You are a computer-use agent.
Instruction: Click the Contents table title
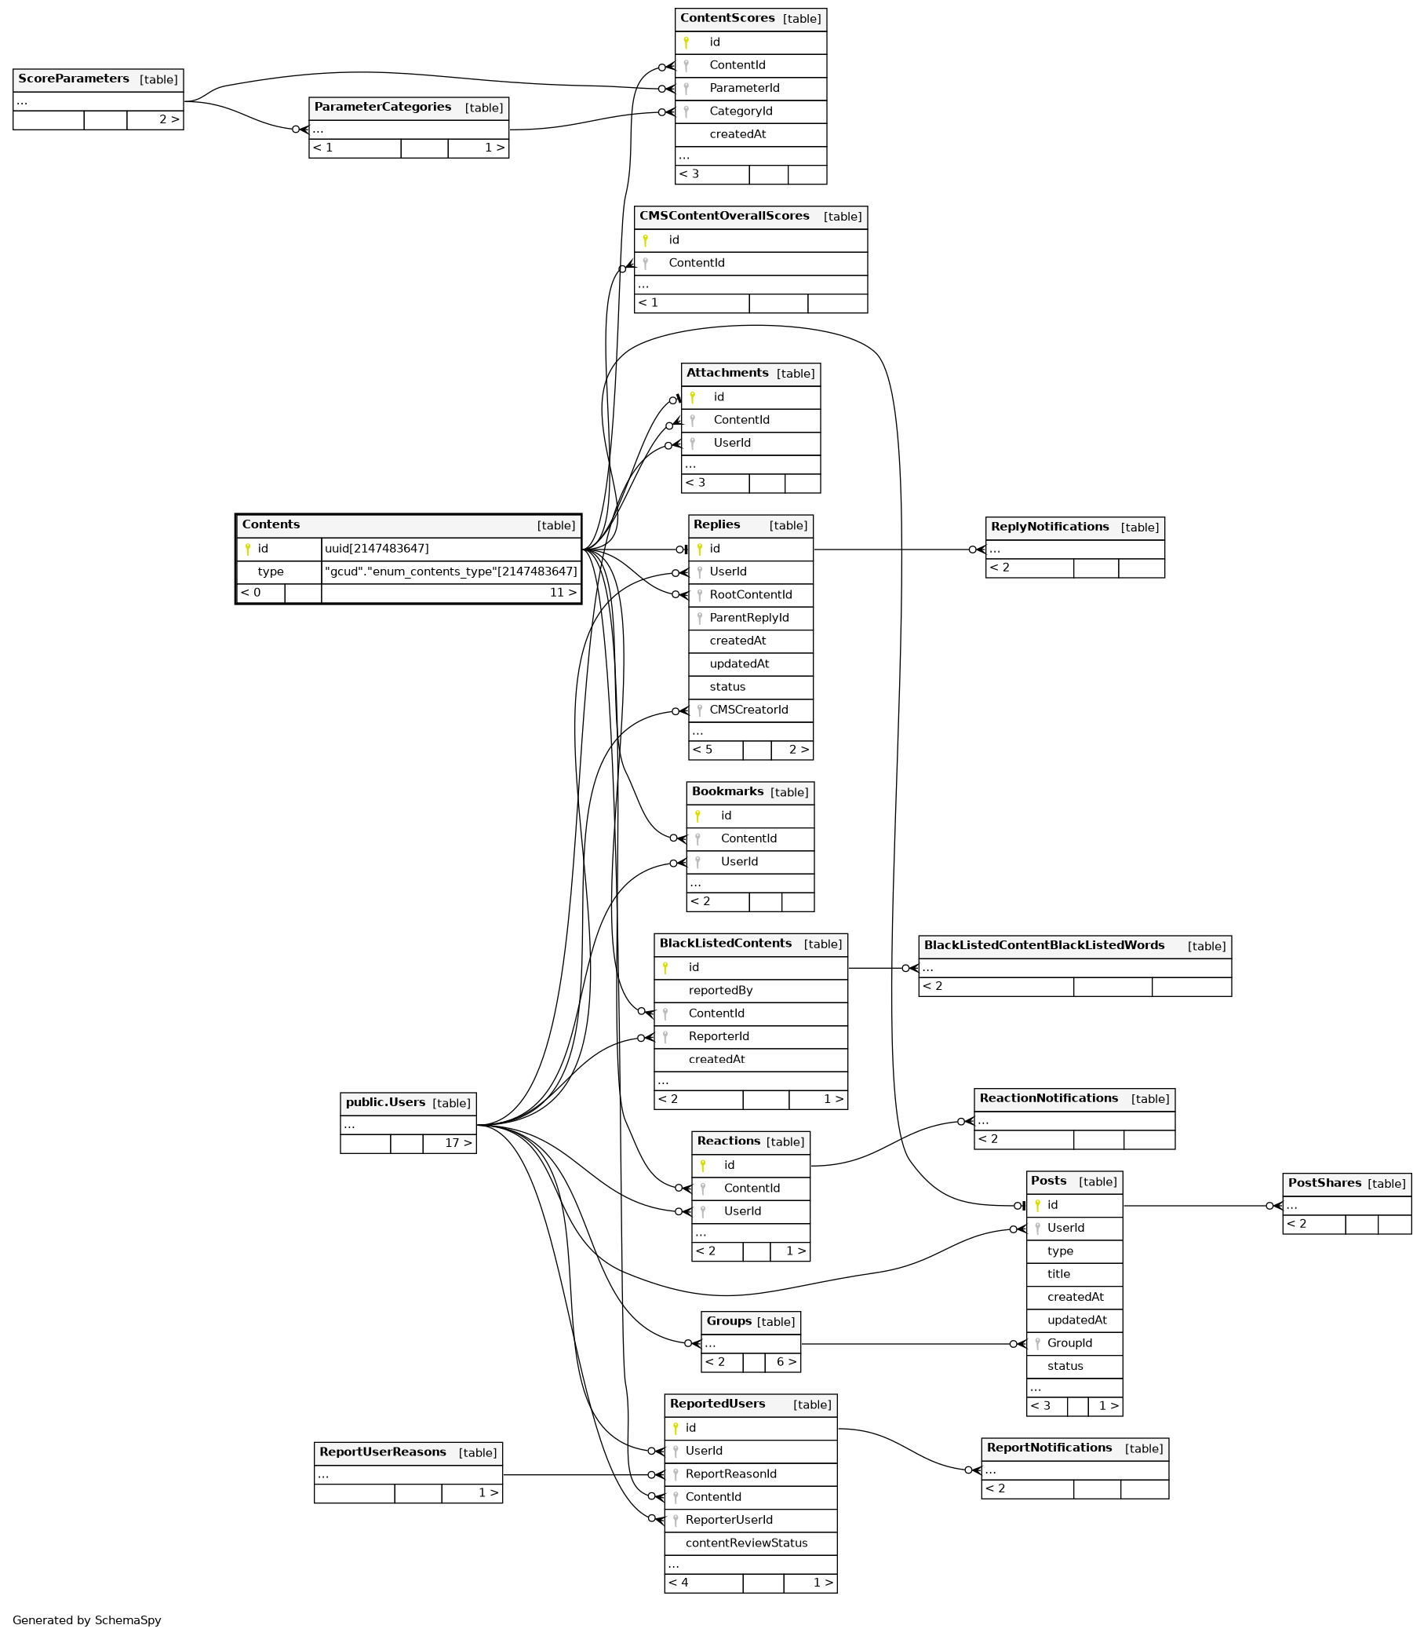click(271, 524)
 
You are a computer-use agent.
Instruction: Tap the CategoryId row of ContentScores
click(741, 111)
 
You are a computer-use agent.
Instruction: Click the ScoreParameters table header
click(74, 79)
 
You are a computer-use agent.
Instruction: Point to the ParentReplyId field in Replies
click(748, 618)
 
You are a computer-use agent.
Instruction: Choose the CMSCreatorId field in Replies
click(748, 710)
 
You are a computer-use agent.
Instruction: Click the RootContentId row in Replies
click(750, 594)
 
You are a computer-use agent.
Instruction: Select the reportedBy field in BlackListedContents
click(720, 991)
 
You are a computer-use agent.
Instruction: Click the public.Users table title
click(385, 1103)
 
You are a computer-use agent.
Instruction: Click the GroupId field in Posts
click(1069, 1343)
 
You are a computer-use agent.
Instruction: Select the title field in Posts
click(1058, 1274)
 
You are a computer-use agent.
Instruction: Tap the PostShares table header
click(1324, 1183)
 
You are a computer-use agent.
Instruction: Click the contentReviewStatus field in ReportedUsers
click(746, 1543)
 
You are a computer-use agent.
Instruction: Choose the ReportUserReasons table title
click(383, 1452)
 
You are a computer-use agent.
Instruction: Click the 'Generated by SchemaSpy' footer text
click(86, 1620)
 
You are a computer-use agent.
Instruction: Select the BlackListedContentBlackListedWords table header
click(1044, 945)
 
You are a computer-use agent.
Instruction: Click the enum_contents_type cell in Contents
click(450, 572)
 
